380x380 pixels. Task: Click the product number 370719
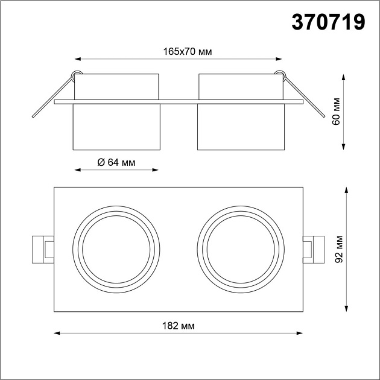[x=329, y=22]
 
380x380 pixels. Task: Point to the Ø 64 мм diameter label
[x=116, y=162]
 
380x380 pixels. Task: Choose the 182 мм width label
[x=179, y=326]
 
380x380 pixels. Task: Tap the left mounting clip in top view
[x=42, y=249]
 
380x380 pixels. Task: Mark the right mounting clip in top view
[x=314, y=249]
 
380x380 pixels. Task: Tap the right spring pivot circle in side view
[x=279, y=74]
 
